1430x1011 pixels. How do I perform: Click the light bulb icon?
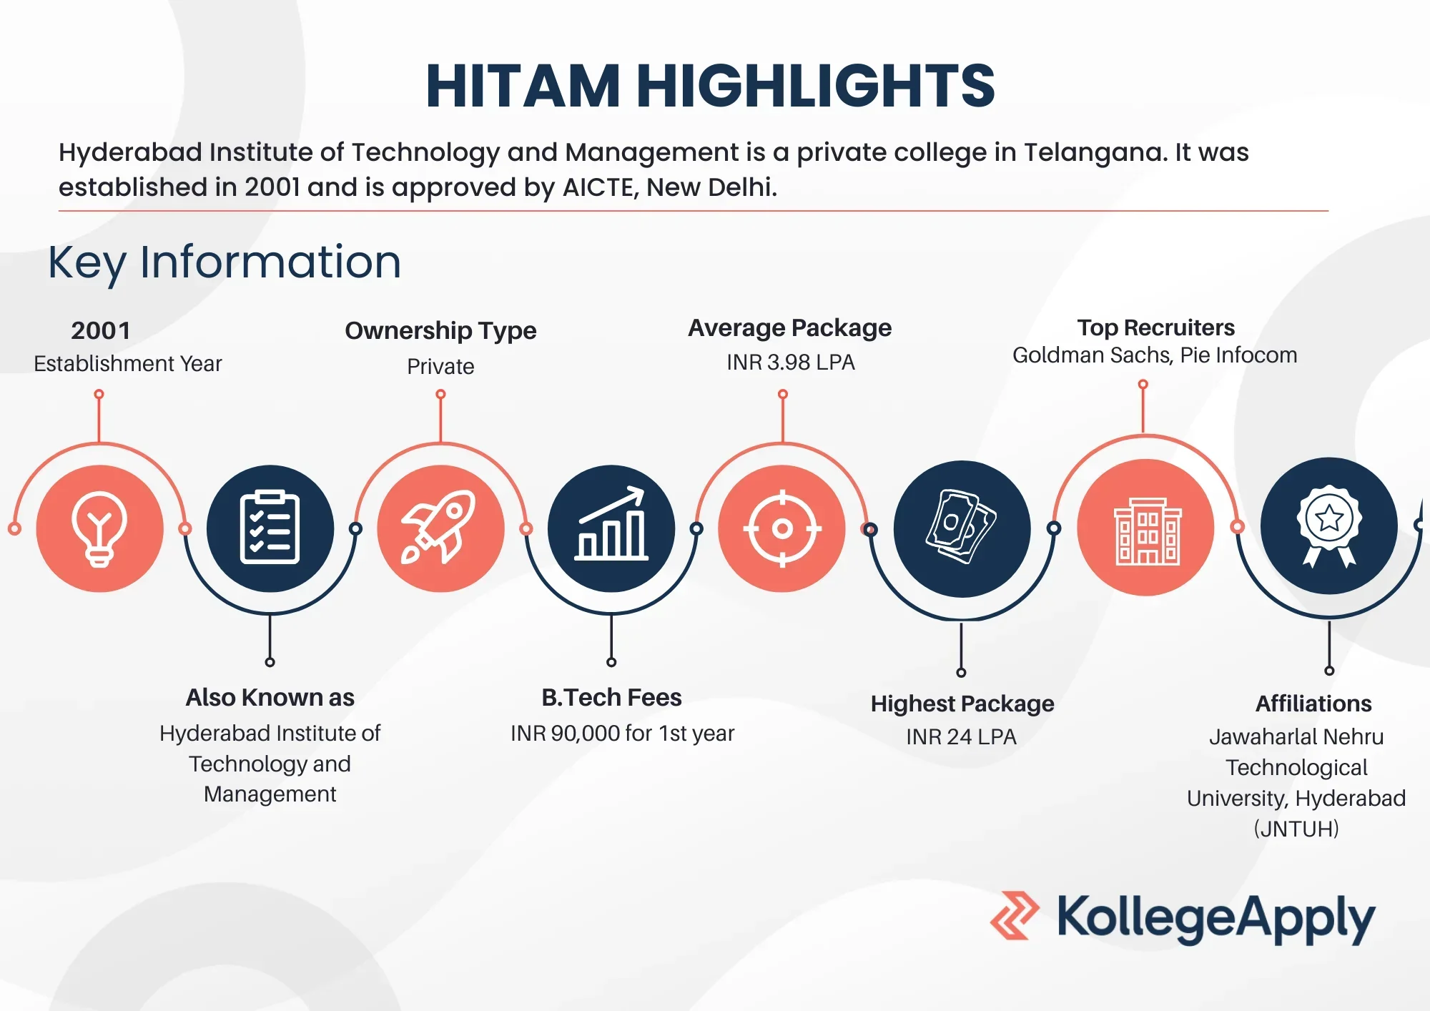click(99, 529)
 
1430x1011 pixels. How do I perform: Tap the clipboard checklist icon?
click(270, 528)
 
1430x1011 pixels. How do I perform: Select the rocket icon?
click(439, 528)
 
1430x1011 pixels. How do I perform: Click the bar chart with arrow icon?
click(611, 523)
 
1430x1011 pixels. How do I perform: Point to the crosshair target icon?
click(782, 528)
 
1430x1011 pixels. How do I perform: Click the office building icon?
click(1147, 531)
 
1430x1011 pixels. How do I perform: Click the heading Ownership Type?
click(440, 331)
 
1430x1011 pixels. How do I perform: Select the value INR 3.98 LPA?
click(790, 363)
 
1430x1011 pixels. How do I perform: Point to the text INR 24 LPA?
click(961, 736)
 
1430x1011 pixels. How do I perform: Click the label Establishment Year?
click(128, 364)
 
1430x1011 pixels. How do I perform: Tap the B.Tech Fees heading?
click(611, 697)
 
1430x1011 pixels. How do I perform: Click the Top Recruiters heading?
click(1156, 327)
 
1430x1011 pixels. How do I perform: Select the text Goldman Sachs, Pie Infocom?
click(1155, 355)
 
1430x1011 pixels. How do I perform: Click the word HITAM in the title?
click(523, 86)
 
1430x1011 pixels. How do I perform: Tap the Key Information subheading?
click(225, 262)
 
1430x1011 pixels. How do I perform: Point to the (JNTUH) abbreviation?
click(1296, 829)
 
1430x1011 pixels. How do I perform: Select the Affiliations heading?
click(1313, 704)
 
